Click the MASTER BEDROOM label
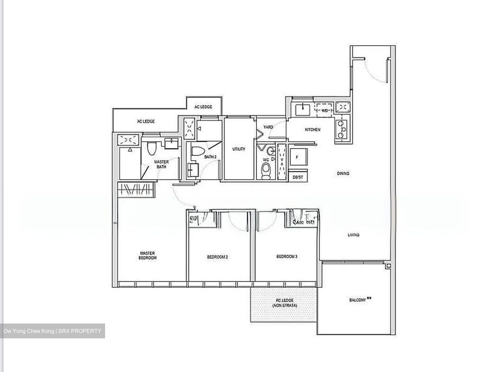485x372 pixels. [x=148, y=256]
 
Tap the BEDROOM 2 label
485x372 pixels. [x=217, y=257]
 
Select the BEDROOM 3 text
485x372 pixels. [x=287, y=257]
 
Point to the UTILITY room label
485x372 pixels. [x=239, y=149]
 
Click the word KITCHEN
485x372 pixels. [x=313, y=130]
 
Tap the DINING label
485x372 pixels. [x=343, y=174]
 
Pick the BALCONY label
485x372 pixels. [x=358, y=300]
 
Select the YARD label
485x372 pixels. [x=268, y=127]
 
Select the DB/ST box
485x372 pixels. [x=298, y=177]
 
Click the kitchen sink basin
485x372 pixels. [x=303, y=110]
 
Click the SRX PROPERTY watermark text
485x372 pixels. [x=80, y=331]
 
